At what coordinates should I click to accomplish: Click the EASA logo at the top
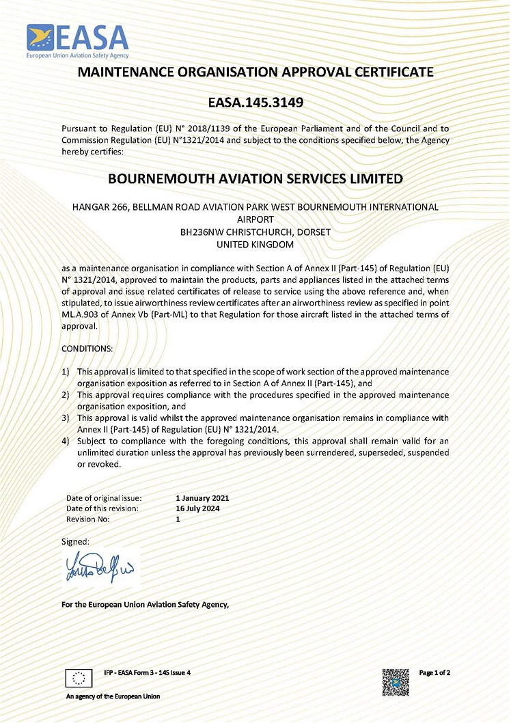[77, 40]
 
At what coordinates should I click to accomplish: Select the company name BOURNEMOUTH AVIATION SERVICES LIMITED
[255, 179]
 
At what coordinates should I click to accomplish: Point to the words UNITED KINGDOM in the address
[255, 244]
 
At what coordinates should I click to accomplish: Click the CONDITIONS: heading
[87, 349]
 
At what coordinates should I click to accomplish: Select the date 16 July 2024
[197, 508]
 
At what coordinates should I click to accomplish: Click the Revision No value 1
[178, 519]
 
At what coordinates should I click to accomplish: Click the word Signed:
[75, 541]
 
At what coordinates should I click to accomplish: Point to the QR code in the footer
[395, 682]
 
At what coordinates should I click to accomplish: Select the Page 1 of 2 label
[434, 673]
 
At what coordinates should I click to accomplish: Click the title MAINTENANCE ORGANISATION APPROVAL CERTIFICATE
[255, 72]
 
